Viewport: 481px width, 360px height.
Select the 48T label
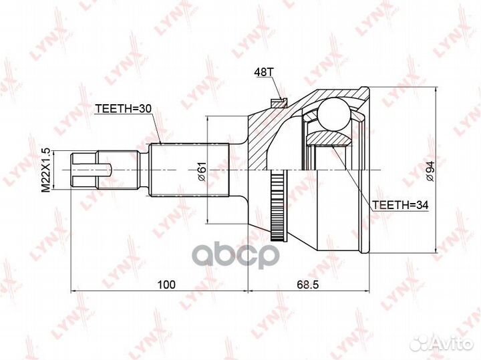pyautogui.click(x=263, y=71)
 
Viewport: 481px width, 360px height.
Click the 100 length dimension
pyautogui.click(x=166, y=285)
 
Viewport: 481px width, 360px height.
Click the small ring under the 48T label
pyautogui.click(x=277, y=102)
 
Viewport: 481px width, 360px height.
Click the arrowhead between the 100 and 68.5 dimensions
pyautogui.click(x=248, y=292)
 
